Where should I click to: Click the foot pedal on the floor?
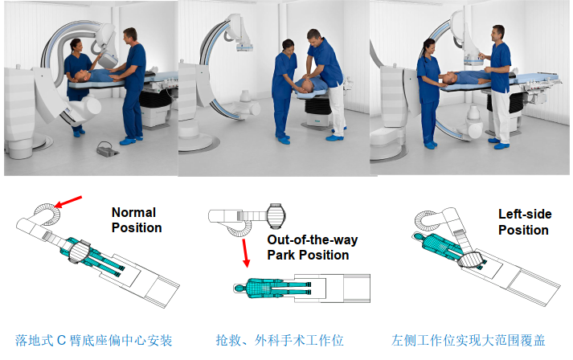click(108, 149)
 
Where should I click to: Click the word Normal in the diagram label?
click(133, 212)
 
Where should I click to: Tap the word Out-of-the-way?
click(313, 239)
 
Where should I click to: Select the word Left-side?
click(525, 215)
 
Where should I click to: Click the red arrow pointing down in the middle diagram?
click(244, 253)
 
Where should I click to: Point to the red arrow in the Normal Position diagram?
click(68, 202)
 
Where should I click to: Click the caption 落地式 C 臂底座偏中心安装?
click(93, 341)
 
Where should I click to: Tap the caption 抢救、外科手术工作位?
click(280, 341)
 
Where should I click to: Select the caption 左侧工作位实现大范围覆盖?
click(468, 341)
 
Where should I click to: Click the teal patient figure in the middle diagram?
click(272, 288)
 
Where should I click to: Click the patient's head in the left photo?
click(80, 76)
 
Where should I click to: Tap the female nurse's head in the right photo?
click(428, 47)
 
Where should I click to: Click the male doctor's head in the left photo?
click(130, 35)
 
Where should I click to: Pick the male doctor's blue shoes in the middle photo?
click(334, 137)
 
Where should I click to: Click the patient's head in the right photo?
click(451, 77)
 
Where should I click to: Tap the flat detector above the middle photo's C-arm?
click(244, 47)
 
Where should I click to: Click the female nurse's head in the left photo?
click(76, 46)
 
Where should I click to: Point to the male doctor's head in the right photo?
click(497, 34)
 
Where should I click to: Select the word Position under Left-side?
click(523, 231)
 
